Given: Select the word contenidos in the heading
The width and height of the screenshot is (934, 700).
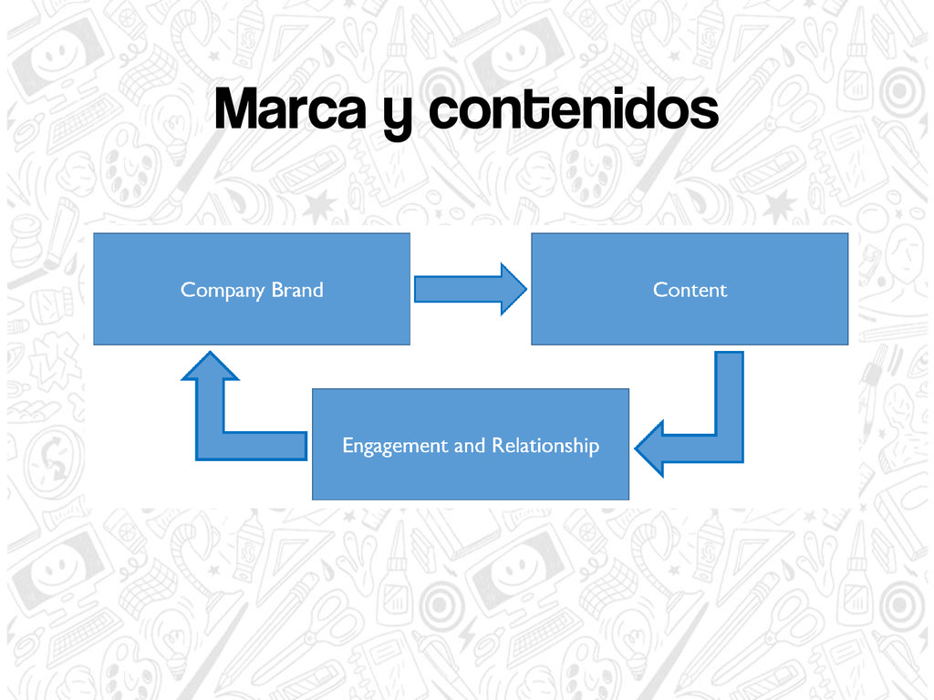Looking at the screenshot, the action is click(x=572, y=111).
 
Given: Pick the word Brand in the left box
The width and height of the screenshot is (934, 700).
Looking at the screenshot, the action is click(x=297, y=290).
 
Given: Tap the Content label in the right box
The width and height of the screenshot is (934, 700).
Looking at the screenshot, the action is click(x=690, y=290).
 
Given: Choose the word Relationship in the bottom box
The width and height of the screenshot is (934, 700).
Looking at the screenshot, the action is click(x=545, y=446).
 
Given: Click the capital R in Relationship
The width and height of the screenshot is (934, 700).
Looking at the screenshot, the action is click(x=497, y=446).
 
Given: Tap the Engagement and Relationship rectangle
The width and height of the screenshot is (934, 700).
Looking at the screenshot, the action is click(x=470, y=474).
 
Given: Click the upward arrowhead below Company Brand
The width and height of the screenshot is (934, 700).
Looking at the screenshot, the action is click(x=210, y=366).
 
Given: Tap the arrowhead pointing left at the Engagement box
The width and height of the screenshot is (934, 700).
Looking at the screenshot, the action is click(x=649, y=448).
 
